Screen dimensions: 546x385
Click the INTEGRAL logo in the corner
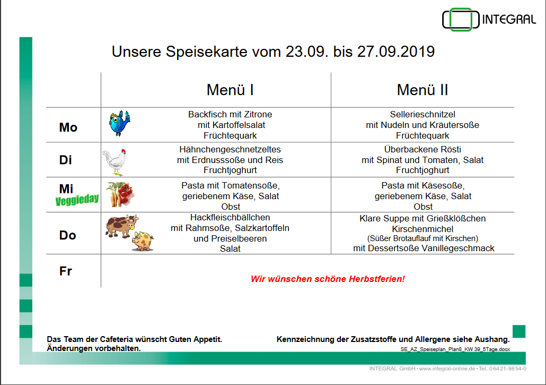coord(489,20)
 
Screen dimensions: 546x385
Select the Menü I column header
coord(230,90)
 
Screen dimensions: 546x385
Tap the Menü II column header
coord(422,90)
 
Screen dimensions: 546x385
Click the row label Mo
coord(68,127)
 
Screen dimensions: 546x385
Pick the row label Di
coord(65,160)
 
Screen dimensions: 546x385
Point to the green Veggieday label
coord(77,200)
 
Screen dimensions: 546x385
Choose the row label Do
coord(67,235)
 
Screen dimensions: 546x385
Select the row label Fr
coord(65,271)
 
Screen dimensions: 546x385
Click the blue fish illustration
coord(119,123)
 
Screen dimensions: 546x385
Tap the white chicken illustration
coord(115,162)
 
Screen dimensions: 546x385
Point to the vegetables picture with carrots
coord(120,194)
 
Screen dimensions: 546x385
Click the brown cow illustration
coord(121,226)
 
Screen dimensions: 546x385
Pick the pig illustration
coord(143,241)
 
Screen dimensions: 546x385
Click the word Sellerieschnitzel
coord(422,114)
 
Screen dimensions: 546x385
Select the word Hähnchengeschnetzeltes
coord(230,150)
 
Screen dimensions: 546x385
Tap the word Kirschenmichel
coord(422,229)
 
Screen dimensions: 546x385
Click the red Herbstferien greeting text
coord(328,279)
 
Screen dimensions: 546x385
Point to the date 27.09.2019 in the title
coord(396,52)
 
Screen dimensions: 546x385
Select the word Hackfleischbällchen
coord(230,218)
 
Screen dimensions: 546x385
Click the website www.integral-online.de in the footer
coord(447,369)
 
